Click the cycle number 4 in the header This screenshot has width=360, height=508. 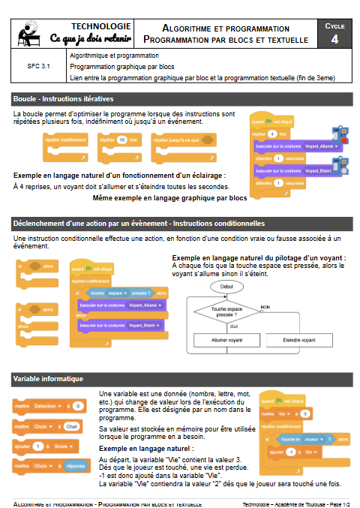coord(334,39)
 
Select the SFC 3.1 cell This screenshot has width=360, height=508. coord(38,66)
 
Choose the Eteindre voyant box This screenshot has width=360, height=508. coord(304,341)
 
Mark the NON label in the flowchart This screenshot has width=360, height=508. coord(264,307)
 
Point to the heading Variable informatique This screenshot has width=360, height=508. coord(48,379)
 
